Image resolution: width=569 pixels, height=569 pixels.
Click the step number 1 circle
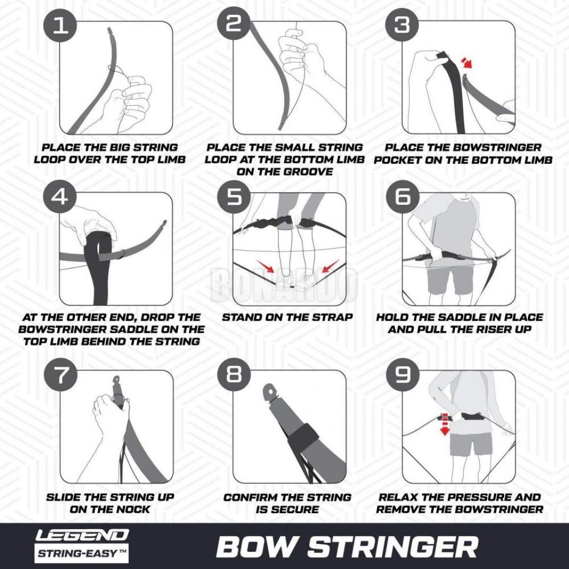(60, 26)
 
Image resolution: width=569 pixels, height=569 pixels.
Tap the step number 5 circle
(233, 197)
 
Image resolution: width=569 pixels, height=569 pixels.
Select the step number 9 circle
(403, 374)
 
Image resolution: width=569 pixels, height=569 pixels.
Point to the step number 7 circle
(60, 374)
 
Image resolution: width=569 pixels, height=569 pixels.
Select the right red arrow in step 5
(331, 266)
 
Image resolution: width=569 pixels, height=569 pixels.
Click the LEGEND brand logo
(82, 535)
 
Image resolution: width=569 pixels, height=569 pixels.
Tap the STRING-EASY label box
(82, 553)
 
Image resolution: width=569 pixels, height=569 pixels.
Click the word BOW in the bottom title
(255, 547)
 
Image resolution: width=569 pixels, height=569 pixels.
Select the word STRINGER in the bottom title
(393, 547)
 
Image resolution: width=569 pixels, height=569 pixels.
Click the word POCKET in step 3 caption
(397, 160)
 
